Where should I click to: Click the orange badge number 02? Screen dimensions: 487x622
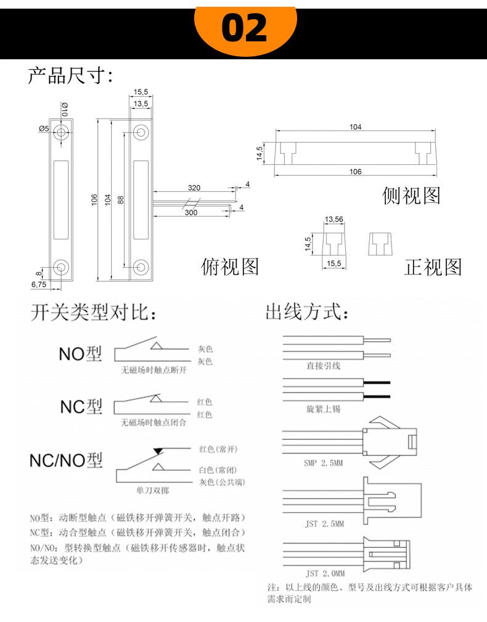pos(244,28)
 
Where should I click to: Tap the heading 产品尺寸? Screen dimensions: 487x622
pos(67,75)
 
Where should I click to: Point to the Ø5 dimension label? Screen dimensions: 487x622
pos(44,128)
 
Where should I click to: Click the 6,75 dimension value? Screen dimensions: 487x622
pos(39,284)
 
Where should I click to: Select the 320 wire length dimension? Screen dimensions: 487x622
pos(194,188)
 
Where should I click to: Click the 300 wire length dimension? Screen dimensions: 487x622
pos(191,213)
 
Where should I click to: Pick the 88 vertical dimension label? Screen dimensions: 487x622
pos(121,199)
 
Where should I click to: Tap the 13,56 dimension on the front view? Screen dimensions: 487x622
pos(334,219)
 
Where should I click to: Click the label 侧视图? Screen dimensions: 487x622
pos(411,196)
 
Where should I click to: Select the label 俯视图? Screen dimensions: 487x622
pos(230,267)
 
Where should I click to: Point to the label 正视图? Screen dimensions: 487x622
pos(433,267)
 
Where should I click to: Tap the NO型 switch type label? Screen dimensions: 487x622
pos(80,354)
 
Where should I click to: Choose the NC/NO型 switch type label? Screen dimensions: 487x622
pos(66,460)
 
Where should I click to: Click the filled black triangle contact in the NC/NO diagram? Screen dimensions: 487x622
pos(158,451)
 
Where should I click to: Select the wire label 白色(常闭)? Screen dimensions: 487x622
pos(218,470)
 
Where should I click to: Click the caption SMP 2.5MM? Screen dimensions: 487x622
pos(324,463)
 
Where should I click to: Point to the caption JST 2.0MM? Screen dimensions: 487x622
pos(325,573)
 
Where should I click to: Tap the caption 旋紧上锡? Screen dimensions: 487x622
pos(324,408)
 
